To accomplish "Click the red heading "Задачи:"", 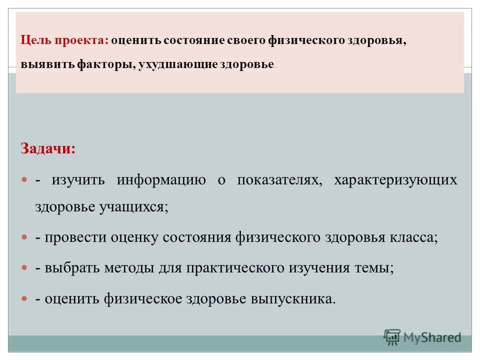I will [48, 148].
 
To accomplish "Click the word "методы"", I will [129, 268].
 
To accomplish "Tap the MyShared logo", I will [422, 337].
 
